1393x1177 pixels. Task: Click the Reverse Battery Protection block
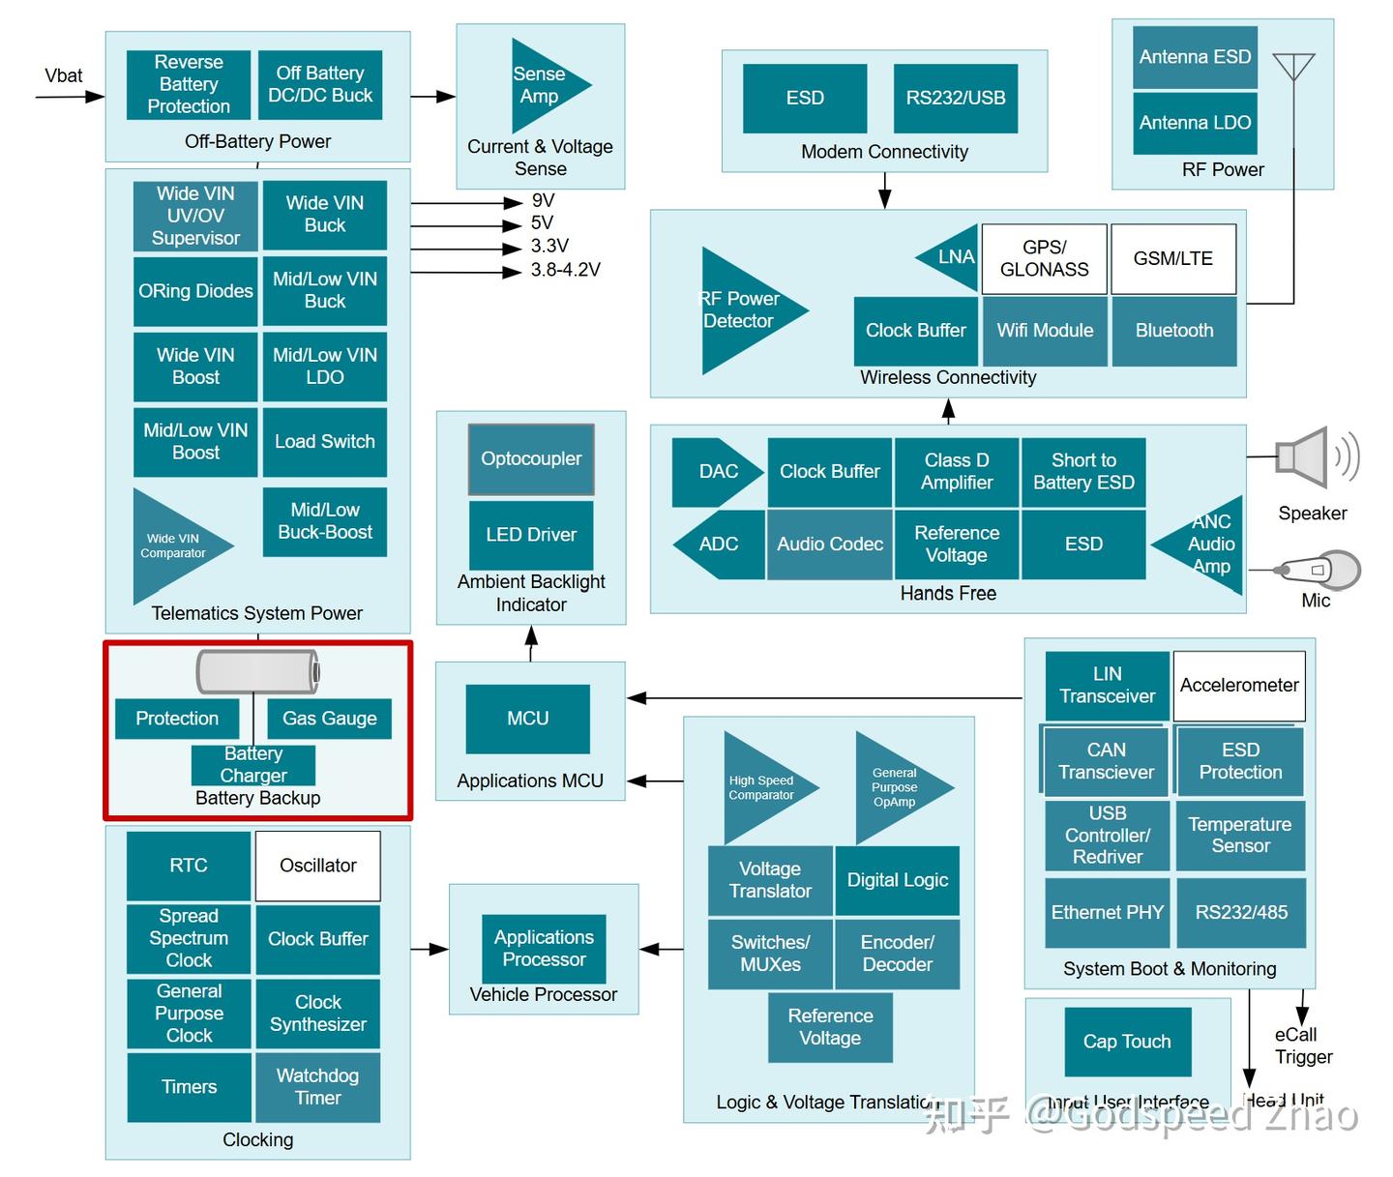tap(189, 85)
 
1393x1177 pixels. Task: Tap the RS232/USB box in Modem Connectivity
tap(955, 98)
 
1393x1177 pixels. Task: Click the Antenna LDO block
tap(1195, 123)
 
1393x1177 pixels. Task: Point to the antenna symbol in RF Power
tap(1293, 70)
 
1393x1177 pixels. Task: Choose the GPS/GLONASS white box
tap(1044, 259)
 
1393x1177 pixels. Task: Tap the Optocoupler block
tap(531, 459)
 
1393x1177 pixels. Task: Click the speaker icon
tap(1314, 457)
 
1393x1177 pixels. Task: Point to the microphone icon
tap(1319, 571)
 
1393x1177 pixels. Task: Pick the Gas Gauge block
tap(329, 719)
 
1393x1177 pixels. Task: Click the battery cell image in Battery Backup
tap(257, 671)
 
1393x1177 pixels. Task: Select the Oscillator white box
tap(317, 866)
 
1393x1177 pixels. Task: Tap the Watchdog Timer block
tap(317, 1087)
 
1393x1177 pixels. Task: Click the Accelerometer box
tap(1238, 686)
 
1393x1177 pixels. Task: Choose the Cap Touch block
tap(1127, 1042)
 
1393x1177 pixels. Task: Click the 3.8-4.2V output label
tap(565, 270)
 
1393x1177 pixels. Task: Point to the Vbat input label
tap(64, 75)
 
